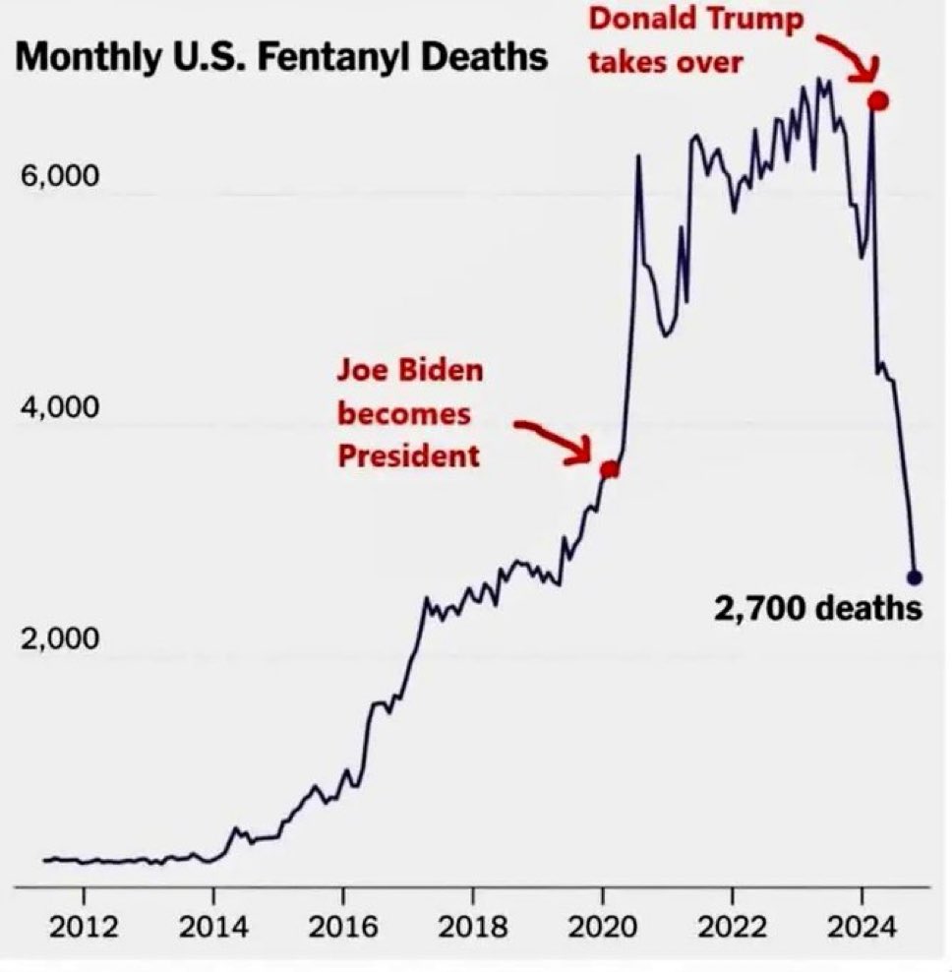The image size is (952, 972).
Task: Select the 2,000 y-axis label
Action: (x=58, y=638)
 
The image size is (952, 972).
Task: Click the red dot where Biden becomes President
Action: (x=610, y=469)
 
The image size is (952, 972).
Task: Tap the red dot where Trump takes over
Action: (x=878, y=100)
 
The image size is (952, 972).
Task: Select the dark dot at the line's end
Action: (x=914, y=577)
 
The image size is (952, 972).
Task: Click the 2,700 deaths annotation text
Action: (x=818, y=609)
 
